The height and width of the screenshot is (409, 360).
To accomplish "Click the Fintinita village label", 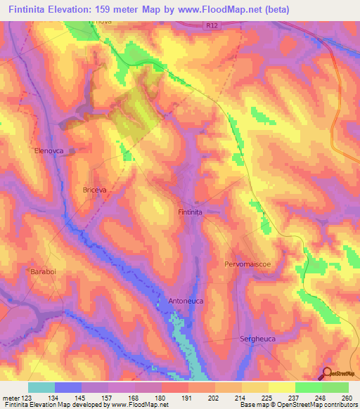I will (x=190, y=212).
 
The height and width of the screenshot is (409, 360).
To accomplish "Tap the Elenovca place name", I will (x=49, y=150).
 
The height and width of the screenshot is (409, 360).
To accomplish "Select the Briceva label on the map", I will (x=95, y=190).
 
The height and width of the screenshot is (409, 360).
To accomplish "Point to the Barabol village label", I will (x=43, y=271).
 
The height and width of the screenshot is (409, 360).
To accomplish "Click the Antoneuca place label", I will (x=186, y=301).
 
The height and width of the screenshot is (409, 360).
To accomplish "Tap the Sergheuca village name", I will (x=259, y=338).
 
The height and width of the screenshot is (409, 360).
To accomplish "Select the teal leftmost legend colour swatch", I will (x=41, y=387).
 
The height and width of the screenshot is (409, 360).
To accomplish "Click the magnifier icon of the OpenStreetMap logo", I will (x=326, y=374).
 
